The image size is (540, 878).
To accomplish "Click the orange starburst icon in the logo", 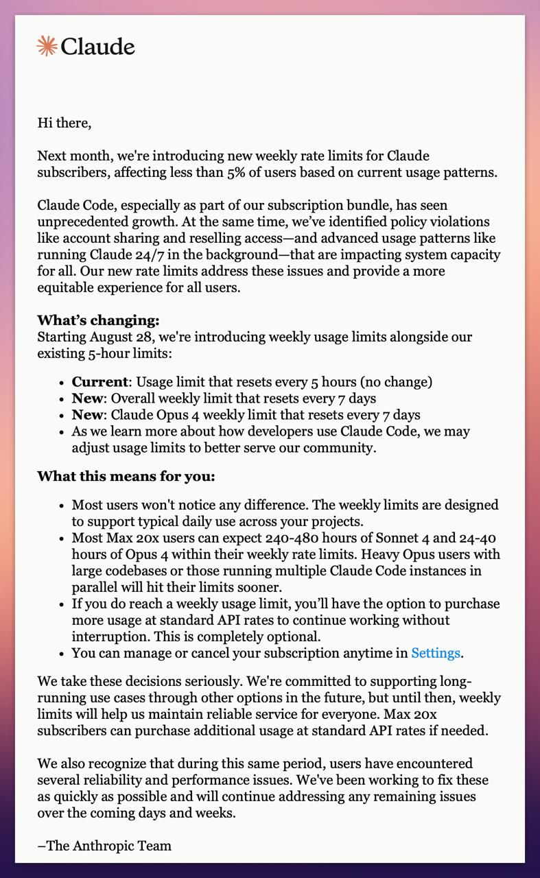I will (x=47, y=46).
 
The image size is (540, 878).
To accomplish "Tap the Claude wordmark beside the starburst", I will (x=97, y=47).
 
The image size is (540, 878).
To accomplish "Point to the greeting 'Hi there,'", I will (x=64, y=123).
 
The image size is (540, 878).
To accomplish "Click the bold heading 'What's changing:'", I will (x=98, y=320).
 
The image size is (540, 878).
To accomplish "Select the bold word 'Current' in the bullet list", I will (x=99, y=381).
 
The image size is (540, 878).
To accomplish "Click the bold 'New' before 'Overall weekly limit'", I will (x=88, y=398).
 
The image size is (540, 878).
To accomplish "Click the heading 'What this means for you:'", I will (x=126, y=476).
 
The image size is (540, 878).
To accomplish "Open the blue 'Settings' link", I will (x=435, y=653).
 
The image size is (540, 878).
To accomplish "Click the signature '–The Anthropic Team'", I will (x=104, y=846).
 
